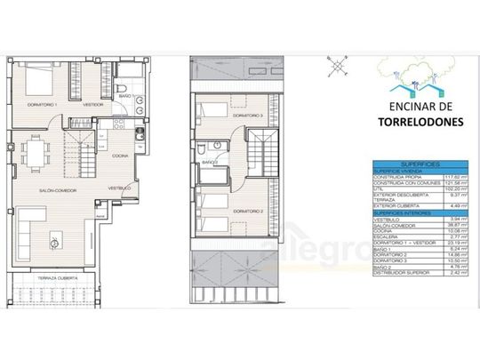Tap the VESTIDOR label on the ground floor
click(x=93, y=105)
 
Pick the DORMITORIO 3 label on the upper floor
click(x=247, y=116)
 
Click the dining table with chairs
click(x=36, y=152)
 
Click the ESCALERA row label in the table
click(x=385, y=237)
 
